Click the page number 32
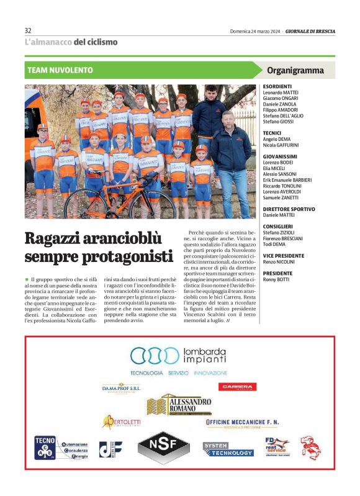[28, 30]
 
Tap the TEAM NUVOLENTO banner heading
[60, 70]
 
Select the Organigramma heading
[295, 70]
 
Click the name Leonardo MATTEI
[281, 92]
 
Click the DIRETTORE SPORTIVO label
[289, 209]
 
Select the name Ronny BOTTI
[277, 279]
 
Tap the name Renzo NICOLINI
[279, 262]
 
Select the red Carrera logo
[238, 386]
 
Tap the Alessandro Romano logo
[180, 405]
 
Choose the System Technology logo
[228, 449]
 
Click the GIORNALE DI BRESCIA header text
[308, 30]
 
